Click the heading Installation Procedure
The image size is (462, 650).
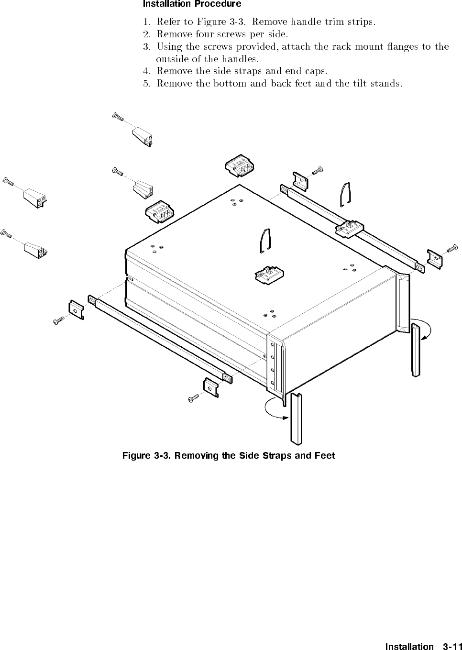(x=192, y=4)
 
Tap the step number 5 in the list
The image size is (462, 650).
(x=146, y=84)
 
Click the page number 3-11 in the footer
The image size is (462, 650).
(x=452, y=647)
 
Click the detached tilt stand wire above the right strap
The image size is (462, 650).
(x=346, y=195)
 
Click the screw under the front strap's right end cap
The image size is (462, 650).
(x=194, y=398)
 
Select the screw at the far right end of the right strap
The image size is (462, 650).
(x=452, y=248)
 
